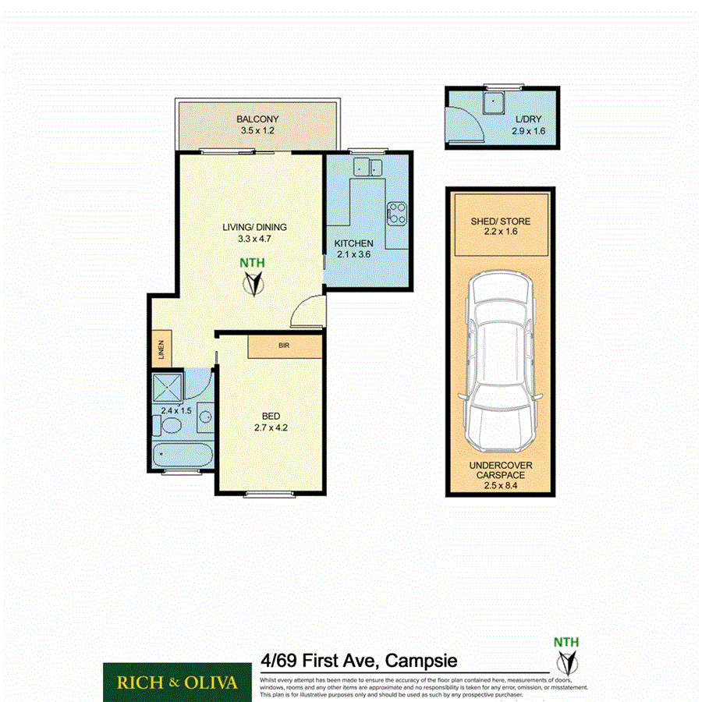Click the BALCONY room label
258,119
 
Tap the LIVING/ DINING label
255,228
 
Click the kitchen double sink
367,167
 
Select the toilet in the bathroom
167,426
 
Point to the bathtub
182,455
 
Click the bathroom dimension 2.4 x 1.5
175,410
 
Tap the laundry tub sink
493,103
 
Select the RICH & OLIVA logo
177,682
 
